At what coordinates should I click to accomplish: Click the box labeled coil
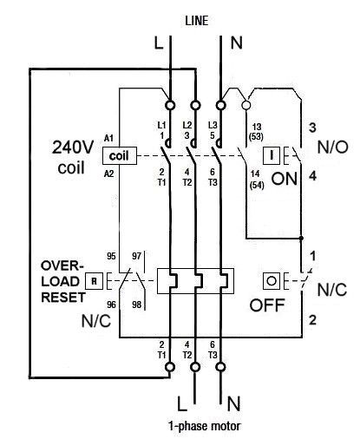(120, 156)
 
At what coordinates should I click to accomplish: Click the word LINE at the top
(197, 21)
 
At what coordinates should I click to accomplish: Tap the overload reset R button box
(94, 281)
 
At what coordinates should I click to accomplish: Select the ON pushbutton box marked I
(272, 155)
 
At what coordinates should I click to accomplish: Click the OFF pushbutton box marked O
(272, 281)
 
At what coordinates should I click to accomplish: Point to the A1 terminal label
(108, 138)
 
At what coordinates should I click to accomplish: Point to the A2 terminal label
(108, 174)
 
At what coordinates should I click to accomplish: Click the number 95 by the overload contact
(111, 256)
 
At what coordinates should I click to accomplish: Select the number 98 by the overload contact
(137, 305)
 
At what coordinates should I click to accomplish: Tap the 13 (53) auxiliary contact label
(256, 131)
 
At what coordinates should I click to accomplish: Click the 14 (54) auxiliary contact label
(256, 180)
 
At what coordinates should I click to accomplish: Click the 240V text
(73, 147)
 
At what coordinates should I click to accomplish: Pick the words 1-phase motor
(204, 426)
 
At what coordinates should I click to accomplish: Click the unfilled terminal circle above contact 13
(246, 105)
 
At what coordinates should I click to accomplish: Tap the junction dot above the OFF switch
(301, 238)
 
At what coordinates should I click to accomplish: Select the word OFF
(267, 305)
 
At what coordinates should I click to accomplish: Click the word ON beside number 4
(285, 179)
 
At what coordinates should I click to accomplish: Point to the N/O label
(333, 147)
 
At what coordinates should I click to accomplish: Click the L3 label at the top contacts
(213, 125)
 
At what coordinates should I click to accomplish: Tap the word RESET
(63, 298)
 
